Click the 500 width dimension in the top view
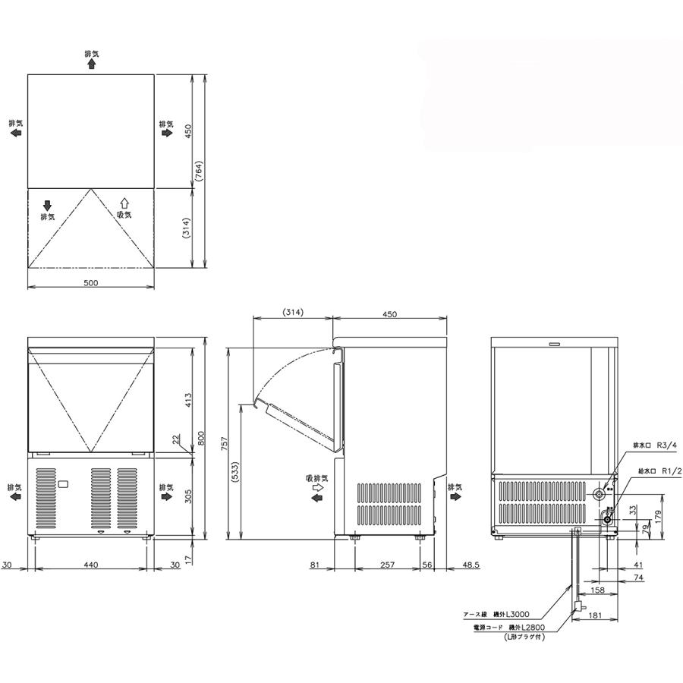pos(91,283)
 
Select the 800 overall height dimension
pos(200,438)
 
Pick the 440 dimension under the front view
pos(91,565)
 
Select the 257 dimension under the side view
pos(388,565)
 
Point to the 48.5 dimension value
pos(472,565)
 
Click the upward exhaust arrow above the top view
pos(91,65)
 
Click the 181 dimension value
pos(595,615)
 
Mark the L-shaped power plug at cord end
pos(580,606)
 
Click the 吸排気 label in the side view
pos(316,479)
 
